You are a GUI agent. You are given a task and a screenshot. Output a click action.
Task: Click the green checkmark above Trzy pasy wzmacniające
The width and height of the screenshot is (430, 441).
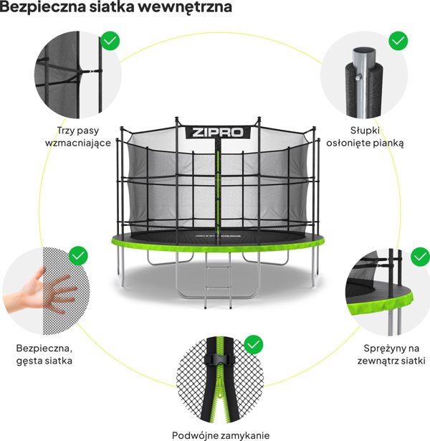pos(110,40)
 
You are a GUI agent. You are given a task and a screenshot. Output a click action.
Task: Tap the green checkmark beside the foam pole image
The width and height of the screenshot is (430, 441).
pos(398,40)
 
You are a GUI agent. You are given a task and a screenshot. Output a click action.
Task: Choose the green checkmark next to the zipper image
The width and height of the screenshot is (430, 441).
pos(253,345)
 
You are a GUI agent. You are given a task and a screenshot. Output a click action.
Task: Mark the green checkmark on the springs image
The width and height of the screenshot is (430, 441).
pos(421,255)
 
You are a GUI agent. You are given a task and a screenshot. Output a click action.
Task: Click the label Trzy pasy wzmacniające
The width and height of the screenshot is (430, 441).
pos(83,137)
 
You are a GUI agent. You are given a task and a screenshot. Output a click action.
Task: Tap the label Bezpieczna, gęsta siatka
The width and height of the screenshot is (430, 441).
pos(44,354)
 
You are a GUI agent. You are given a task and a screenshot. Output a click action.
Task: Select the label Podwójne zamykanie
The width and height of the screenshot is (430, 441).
pos(215,435)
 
